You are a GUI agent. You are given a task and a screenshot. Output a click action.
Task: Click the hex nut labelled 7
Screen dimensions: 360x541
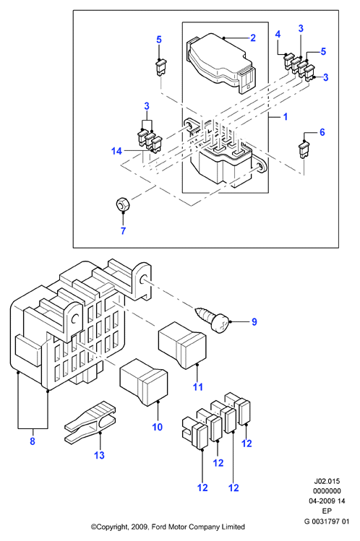[122, 204]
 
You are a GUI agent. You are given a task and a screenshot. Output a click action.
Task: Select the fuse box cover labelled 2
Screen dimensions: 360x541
[221, 63]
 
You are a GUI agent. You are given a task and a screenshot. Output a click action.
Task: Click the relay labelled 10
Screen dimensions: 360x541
[143, 382]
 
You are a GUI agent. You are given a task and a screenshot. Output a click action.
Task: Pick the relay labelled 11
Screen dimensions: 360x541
[182, 345]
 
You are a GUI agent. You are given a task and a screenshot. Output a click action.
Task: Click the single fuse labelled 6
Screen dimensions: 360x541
[304, 150]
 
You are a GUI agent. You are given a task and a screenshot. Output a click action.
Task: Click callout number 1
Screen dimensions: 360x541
[285, 116]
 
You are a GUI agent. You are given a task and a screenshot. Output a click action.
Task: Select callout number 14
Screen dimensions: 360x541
[116, 151]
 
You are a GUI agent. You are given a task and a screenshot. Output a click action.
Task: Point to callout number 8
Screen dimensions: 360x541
[33, 441]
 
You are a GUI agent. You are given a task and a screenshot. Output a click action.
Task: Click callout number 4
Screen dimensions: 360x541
[278, 34]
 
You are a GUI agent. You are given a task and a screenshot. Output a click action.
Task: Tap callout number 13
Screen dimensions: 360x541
[99, 455]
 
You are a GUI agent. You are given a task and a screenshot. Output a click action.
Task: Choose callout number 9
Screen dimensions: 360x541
[254, 322]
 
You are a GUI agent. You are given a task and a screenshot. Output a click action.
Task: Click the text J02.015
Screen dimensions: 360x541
[327, 481]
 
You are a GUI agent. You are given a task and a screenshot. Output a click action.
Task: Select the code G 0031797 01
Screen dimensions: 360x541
[327, 521]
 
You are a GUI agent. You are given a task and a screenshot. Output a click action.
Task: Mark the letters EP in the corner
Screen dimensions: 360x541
[327, 511]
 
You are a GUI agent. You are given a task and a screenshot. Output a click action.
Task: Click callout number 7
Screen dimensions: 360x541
[123, 231]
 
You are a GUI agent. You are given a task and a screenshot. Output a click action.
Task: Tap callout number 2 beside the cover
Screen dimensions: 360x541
[253, 38]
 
